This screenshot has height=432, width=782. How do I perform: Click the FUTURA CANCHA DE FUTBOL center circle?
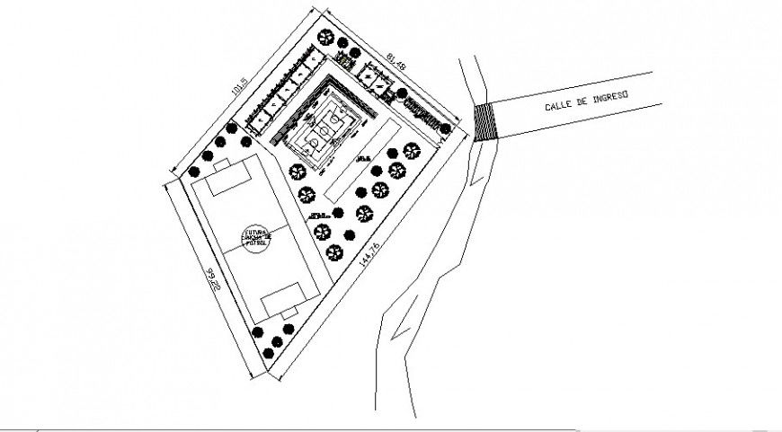point(254,237)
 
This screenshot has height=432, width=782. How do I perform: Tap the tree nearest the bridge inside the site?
point(443,131)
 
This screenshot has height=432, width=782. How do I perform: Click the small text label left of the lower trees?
point(316,216)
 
